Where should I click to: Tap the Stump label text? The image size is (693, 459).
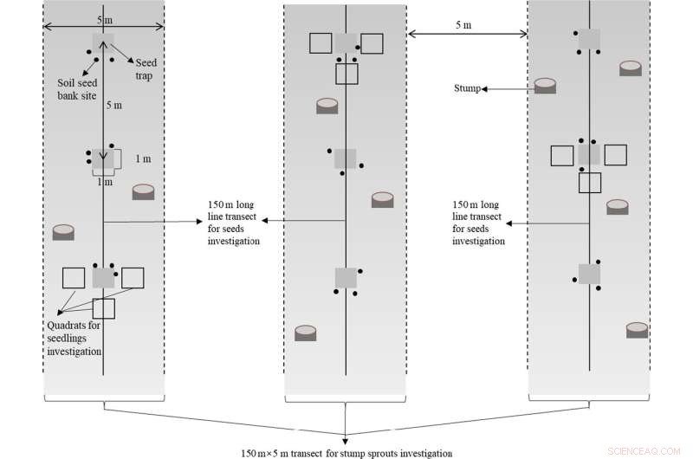point(468,88)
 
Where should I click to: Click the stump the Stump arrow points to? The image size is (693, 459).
point(545,86)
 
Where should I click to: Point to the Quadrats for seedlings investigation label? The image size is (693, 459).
point(76,339)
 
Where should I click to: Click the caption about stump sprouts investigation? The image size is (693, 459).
point(346,452)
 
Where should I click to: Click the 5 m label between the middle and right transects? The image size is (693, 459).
point(463,25)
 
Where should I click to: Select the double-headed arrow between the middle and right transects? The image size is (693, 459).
point(467,35)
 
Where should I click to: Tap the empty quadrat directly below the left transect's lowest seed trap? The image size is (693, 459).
point(104,308)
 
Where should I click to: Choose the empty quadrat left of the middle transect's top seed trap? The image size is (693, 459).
point(321,43)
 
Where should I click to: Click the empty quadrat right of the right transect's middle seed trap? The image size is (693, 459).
point(615,155)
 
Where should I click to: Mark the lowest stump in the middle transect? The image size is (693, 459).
point(306,333)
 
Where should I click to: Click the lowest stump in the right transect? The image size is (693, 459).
point(637,330)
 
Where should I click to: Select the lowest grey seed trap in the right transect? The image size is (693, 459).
point(590,274)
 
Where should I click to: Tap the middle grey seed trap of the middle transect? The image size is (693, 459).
point(346,158)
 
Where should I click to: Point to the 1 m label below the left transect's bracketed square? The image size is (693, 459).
point(104,182)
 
